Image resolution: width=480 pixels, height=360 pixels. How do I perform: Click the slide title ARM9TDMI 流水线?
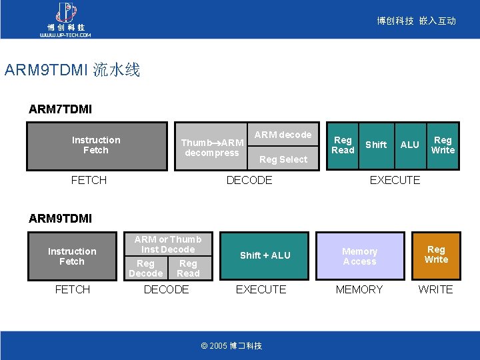[x=72, y=70]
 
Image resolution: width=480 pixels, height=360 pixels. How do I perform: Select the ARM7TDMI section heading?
[x=60, y=108]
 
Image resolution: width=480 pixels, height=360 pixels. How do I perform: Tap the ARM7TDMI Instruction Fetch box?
[x=96, y=145]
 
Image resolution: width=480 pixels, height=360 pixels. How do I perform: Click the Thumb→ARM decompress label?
[x=212, y=148]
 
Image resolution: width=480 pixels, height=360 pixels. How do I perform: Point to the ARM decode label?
[x=283, y=135]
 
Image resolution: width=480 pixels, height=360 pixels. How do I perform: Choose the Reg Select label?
[x=283, y=159]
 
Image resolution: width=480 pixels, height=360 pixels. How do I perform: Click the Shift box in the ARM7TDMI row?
[x=376, y=145]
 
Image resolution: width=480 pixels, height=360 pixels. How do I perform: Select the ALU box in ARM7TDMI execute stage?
[x=409, y=145]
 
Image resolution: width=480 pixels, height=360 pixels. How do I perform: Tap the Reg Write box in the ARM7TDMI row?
[x=443, y=145]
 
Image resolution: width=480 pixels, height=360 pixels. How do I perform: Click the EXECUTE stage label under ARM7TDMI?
[x=395, y=180]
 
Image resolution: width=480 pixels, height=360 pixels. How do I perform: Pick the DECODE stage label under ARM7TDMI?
[x=249, y=180]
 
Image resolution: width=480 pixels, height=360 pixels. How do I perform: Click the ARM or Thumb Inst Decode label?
[x=168, y=244]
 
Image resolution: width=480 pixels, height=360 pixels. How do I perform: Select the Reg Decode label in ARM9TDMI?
[x=145, y=269]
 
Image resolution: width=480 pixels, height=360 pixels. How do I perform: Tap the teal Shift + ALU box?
[x=265, y=255]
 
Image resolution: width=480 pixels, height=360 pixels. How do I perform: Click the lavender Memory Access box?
[x=360, y=256]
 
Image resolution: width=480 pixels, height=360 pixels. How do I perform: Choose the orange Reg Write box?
[x=436, y=255]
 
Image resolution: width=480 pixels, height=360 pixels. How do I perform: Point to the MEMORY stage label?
[x=359, y=289]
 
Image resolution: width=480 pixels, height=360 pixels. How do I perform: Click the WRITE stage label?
[x=435, y=289]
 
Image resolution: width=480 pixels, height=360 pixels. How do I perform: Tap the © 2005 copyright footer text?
[x=231, y=345]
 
